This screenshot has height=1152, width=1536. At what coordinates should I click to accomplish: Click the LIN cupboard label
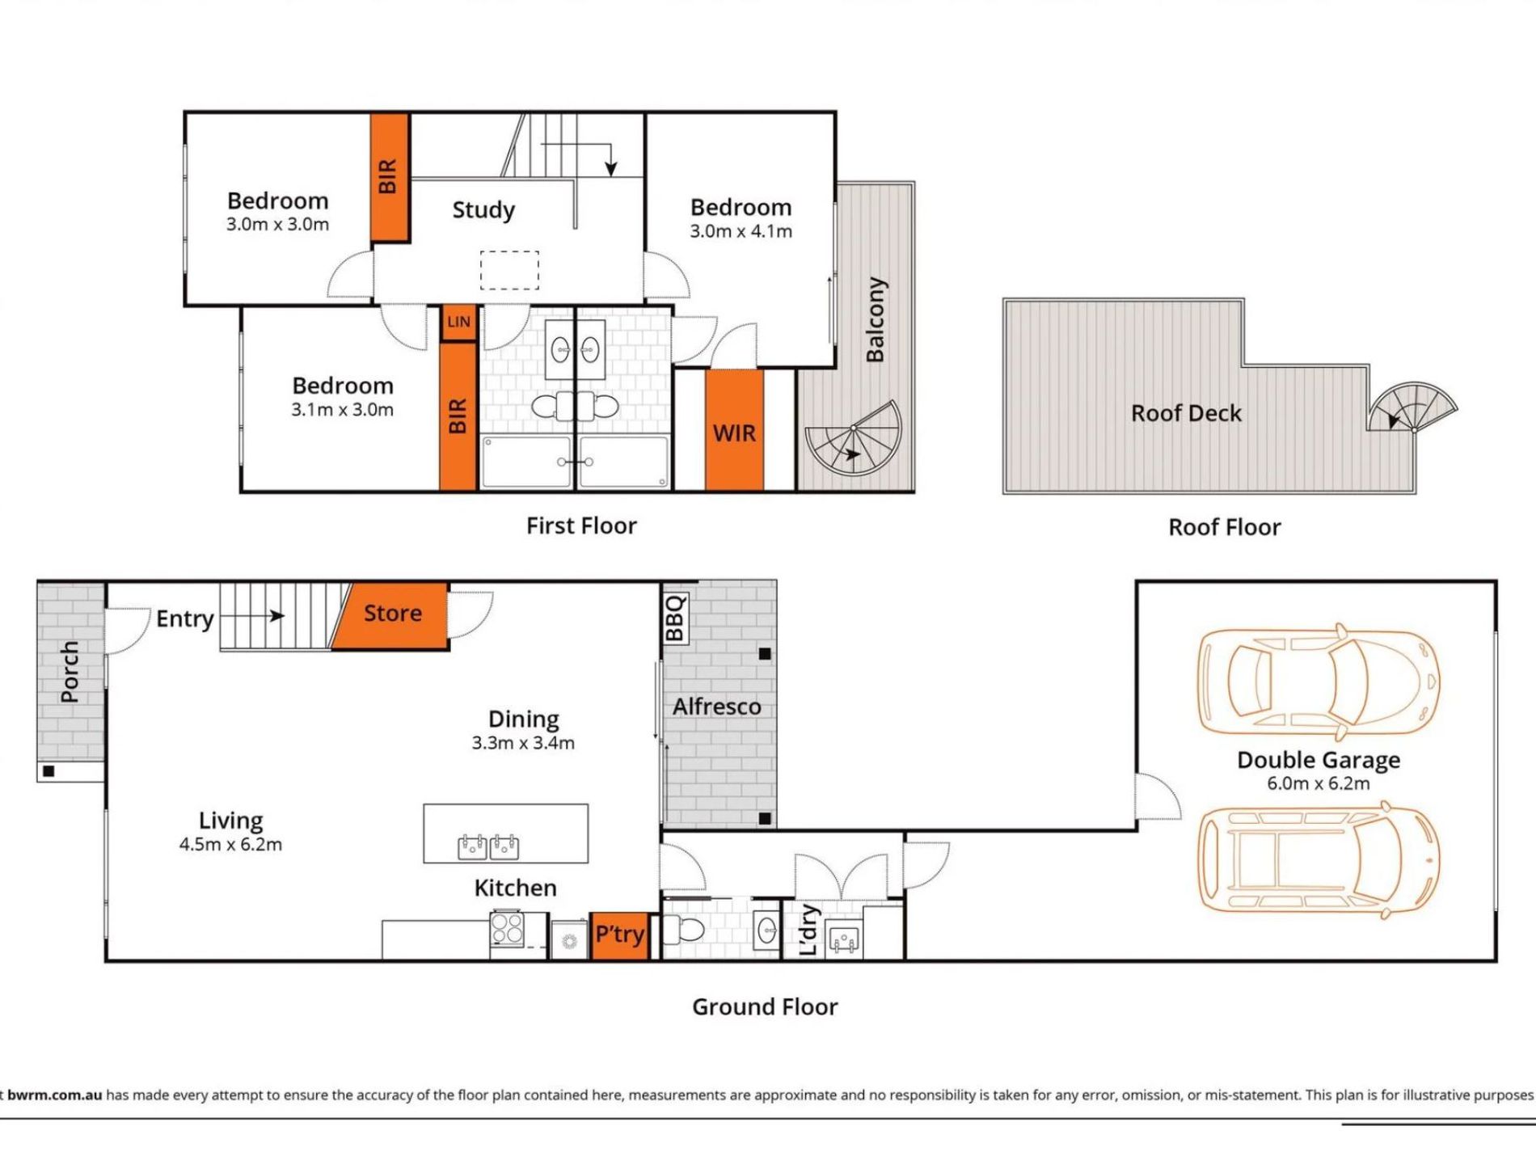[x=458, y=322]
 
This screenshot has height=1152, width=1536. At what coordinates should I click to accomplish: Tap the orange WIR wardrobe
[x=734, y=429]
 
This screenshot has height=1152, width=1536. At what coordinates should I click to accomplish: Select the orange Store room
[x=391, y=615]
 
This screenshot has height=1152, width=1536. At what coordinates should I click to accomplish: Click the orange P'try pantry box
[x=619, y=935]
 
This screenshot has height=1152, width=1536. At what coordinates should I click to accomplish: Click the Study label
[x=483, y=210]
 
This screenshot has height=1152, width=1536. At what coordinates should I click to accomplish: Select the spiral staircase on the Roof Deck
[x=1411, y=407]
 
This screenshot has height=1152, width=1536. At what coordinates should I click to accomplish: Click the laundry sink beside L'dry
[x=844, y=939]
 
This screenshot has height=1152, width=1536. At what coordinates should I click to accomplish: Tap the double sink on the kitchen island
[x=488, y=846]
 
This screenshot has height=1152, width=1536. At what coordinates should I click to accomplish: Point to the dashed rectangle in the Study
[x=509, y=270]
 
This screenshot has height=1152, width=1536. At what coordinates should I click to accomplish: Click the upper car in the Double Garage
[x=1319, y=681]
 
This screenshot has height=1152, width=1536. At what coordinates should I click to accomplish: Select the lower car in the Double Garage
[x=1319, y=859]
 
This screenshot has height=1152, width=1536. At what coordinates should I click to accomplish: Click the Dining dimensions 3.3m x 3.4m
[x=523, y=743]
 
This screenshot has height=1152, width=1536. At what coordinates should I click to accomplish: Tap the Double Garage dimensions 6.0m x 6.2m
[x=1319, y=783]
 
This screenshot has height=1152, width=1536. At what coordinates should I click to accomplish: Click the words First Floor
[x=581, y=526]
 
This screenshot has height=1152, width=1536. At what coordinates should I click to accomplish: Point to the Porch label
[x=70, y=672]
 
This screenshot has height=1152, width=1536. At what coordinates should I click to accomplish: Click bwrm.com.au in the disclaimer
[x=55, y=1095]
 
